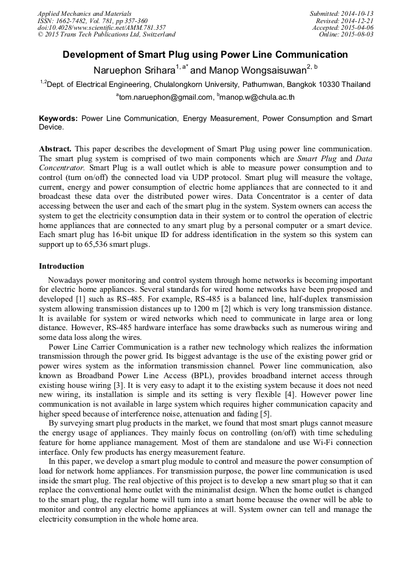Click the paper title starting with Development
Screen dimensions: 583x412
pos(205,55)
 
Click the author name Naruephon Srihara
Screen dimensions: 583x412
pos(134,70)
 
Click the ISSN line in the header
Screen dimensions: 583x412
pos(92,20)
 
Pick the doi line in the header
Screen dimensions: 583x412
pos(101,27)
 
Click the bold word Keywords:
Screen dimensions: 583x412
pos(58,118)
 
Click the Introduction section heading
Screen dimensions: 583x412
pos(61,266)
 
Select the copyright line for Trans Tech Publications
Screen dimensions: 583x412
pos(107,35)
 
